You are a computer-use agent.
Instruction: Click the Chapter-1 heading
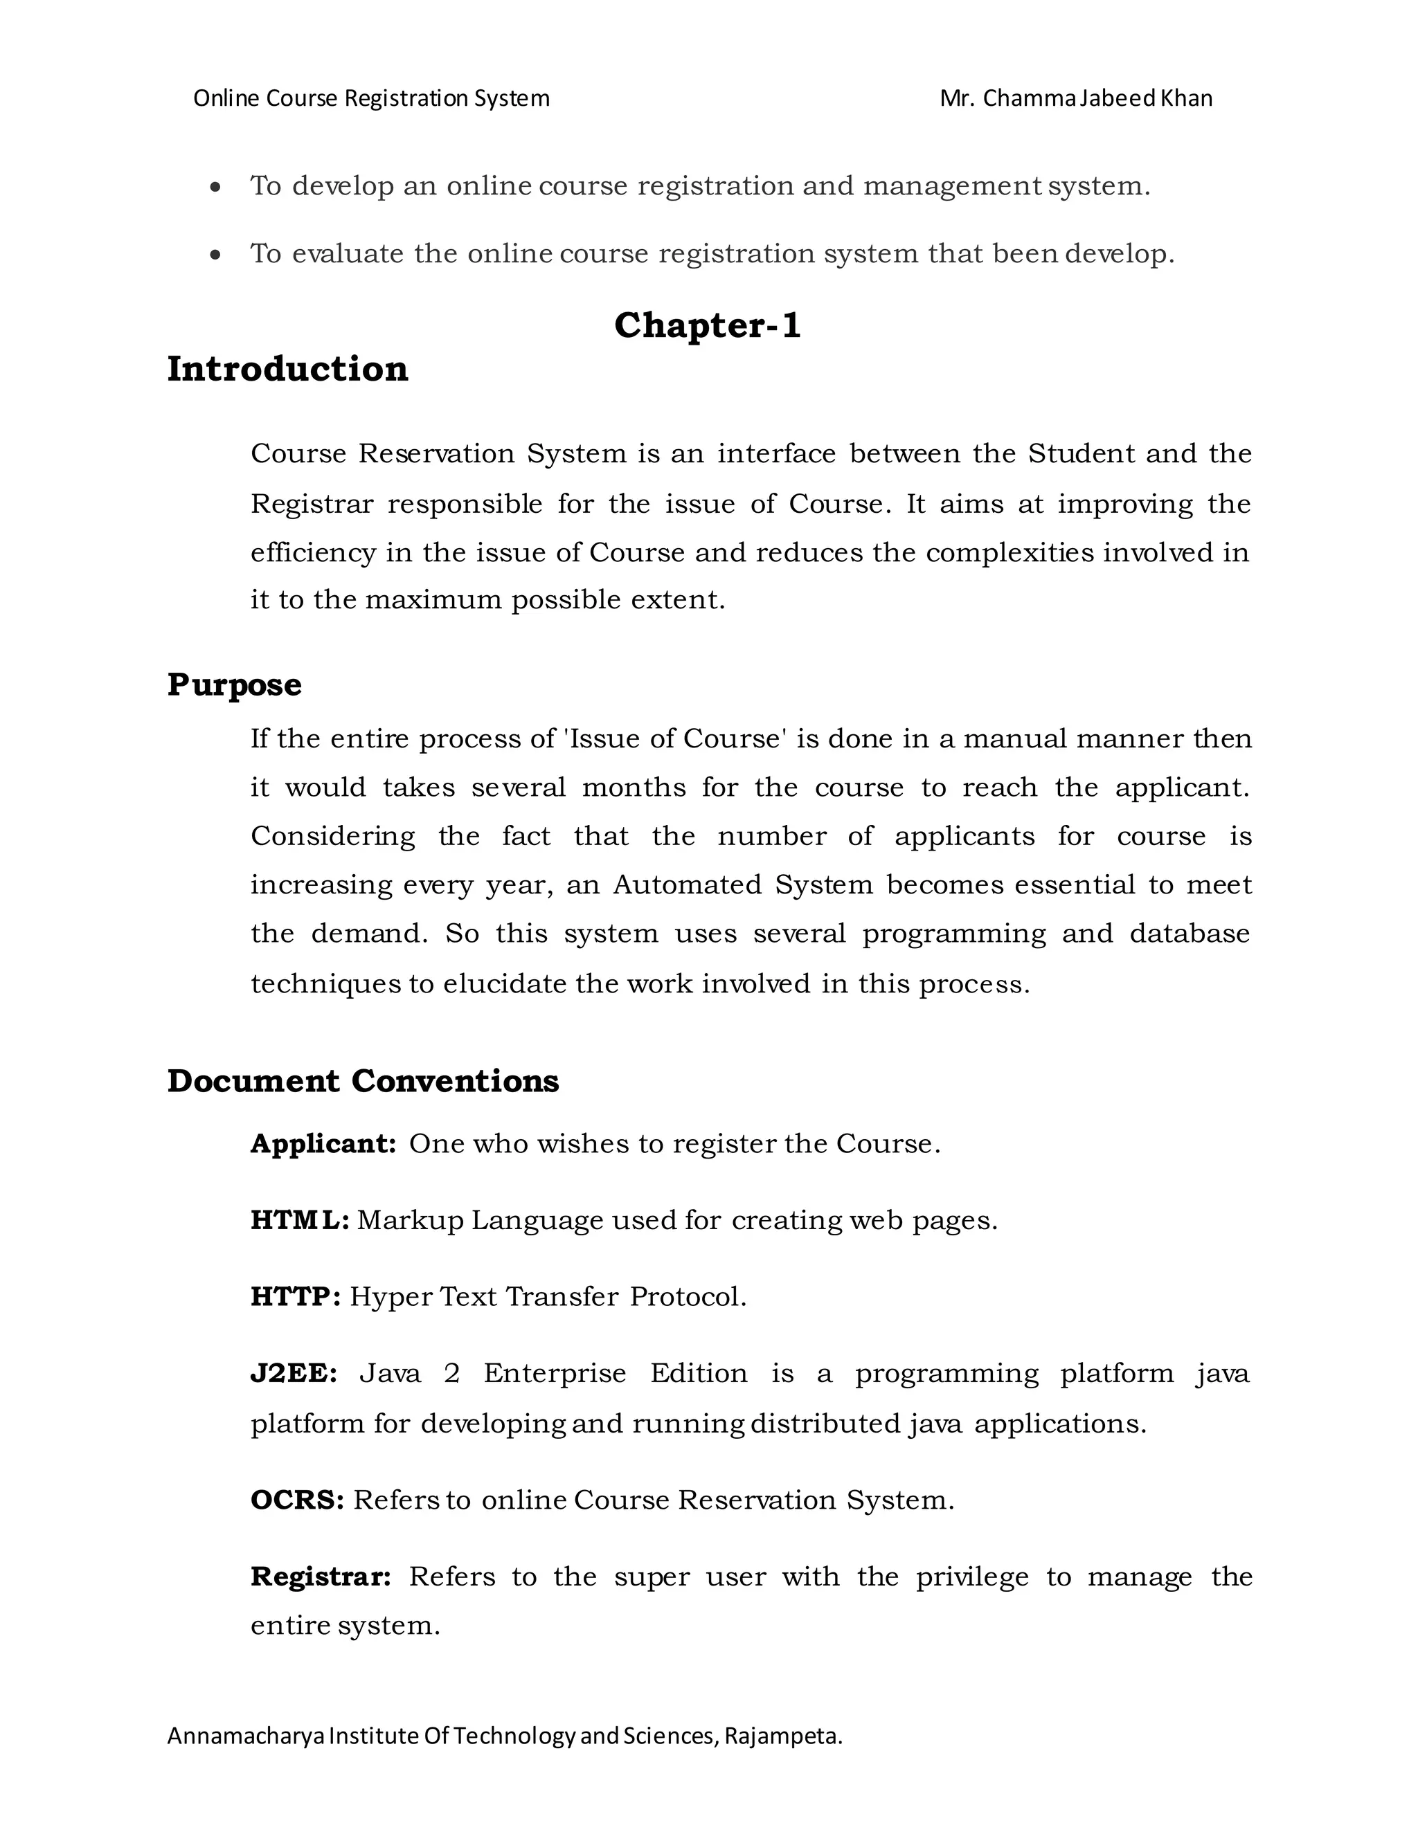(x=708, y=326)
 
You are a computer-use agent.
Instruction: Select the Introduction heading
(x=287, y=370)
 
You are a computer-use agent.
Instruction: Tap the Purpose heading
(x=235, y=684)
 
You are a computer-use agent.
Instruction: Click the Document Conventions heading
(x=363, y=1081)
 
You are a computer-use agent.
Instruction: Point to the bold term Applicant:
(x=323, y=1144)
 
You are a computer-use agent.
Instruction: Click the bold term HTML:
(x=300, y=1220)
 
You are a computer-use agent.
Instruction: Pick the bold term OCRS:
(x=297, y=1500)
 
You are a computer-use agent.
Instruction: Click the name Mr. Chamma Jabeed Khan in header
(x=1075, y=99)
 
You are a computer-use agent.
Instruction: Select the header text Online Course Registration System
(x=371, y=99)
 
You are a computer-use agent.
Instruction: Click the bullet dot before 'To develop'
(x=217, y=188)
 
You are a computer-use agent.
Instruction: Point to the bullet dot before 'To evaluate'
(x=217, y=255)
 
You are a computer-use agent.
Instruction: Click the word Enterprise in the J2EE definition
(x=555, y=1373)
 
